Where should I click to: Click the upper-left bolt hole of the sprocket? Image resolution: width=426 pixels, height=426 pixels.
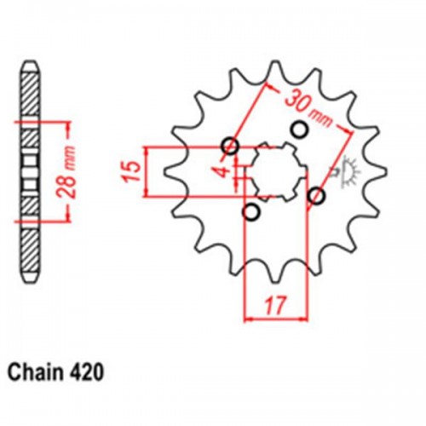pyautogui.click(x=230, y=146)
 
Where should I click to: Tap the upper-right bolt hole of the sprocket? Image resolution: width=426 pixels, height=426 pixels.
pyautogui.click(x=299, y=129)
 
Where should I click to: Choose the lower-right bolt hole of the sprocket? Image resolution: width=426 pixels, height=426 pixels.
pyautogui.click(x=318, y=196)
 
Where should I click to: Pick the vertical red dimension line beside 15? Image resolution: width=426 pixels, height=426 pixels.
pyautogui.click(x=150, y=170)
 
